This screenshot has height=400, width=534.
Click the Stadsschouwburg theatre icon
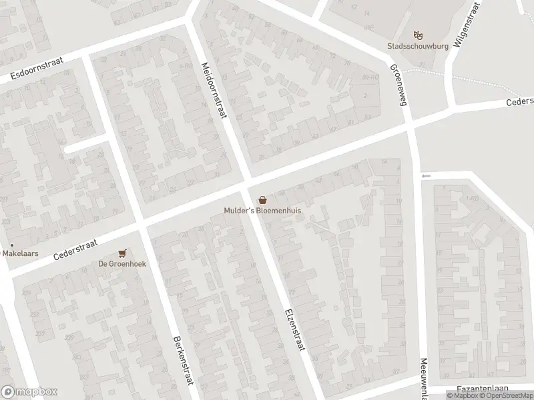pos(419,35)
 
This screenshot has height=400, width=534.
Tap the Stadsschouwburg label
pos(419,47)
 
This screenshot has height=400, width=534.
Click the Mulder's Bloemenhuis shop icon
pos(263,199)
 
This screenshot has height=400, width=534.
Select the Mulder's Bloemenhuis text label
pos(263,211)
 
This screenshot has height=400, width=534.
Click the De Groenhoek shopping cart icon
pos(121,253)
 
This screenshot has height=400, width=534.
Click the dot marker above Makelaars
pos(11,245)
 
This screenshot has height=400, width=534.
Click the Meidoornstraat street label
pos(214,91)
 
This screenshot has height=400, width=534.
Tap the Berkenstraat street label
pos(178,359)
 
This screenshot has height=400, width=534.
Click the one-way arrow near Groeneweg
pos(426,176)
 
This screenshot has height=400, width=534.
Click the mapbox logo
pos(29,392)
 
